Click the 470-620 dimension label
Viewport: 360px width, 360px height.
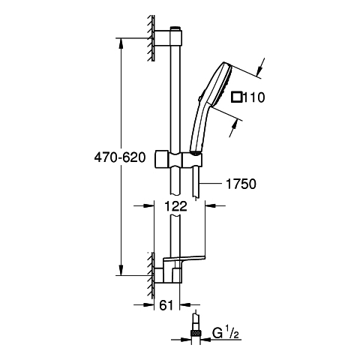click(x=119, y=157)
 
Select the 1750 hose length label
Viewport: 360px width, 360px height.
click(x=241, y=184)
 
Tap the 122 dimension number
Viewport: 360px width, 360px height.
click(x=175, y=206)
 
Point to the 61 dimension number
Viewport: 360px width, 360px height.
click(x=166, y=305)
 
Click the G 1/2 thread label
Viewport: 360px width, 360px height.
click(x=225, y=334)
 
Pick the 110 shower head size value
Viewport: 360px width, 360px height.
click(x=253, y=97)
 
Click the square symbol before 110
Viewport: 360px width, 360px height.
click(x=236, y=97)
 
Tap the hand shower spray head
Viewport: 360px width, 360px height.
click(x=220, y=84)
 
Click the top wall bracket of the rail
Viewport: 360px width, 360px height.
click(x=168, y=38)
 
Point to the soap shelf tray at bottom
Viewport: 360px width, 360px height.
click(x=184, y=259)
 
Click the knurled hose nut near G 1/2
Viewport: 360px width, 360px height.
click(x=196, y=333)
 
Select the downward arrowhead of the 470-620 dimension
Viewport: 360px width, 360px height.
click(x=121, y=270)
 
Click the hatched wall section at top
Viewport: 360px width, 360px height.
click(x=151, y=37)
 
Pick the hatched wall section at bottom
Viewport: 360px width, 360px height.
click(x=151, y=275)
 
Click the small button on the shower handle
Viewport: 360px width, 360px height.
click(x=199, y=99)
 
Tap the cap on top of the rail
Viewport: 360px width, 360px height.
click(x=175, y=28)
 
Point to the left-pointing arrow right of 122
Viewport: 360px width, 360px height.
click(x=215, y=205)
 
